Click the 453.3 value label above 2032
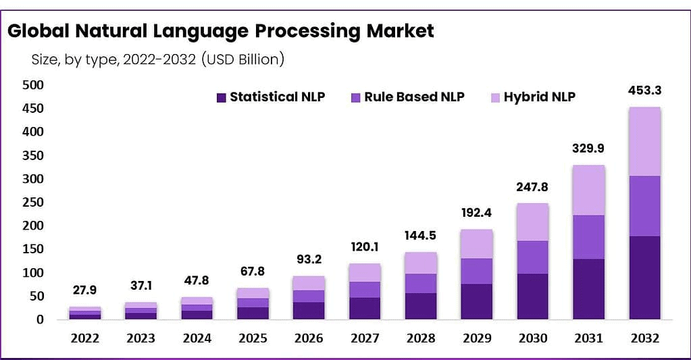(644, 93)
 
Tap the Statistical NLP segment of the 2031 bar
(588, 288)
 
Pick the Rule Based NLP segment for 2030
(532, 257)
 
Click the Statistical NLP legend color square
(221, 97)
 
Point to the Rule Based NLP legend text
(414, 97)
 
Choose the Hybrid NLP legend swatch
(494, 97)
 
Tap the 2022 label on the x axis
(84, 338)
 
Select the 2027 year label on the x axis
(364, 338)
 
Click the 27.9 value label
(84, 290)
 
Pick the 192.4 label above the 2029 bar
(476, 213)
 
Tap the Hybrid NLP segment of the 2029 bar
(476, 244)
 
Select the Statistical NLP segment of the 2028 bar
(420, 305)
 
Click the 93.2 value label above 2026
(308, 259)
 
